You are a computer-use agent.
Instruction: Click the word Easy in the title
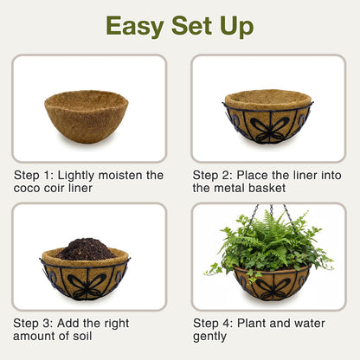coord(135,27)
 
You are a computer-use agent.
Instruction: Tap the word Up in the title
coord(236,27)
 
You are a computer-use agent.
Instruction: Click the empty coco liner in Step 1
coord(87,116)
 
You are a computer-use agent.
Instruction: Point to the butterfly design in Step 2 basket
coord(269,128)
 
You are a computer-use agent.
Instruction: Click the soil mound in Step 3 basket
coord(86,249)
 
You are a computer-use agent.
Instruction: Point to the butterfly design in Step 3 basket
coord(87,286)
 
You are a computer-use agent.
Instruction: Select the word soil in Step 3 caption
coord(82,336)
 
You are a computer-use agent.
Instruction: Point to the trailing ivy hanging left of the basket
coord(214,269)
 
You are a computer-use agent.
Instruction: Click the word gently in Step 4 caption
coord(209,337)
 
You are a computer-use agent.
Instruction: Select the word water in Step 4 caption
coord(309,324)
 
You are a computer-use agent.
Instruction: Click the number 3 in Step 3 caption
coord(47,324)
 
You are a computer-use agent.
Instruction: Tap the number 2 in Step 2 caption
coord(227,175)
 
